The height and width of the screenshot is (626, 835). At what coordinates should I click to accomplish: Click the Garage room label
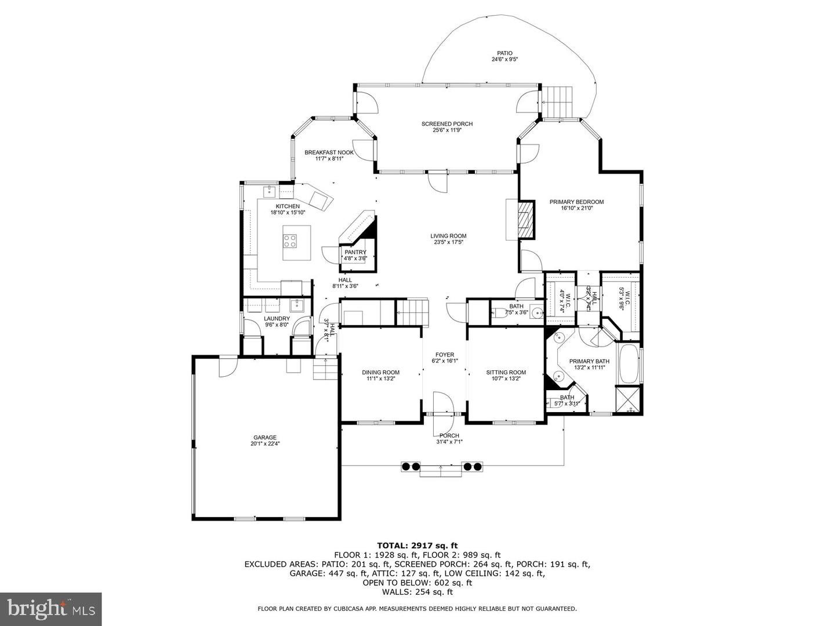pyautogui.click(x=264, y=438)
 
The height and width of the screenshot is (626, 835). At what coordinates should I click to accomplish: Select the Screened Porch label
pyautogui.click(x=446, y=124)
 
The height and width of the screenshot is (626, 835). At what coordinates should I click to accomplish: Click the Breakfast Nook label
pyautogui.click(x=329, y=152)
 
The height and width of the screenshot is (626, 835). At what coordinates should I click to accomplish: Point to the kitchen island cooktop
pyautogui.click(x=290, y=241)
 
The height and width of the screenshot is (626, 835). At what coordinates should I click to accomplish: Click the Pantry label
pyautogui.click(x=355, y=252)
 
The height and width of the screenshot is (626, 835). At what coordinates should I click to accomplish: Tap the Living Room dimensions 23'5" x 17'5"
pyautogui.click(x=448, y=242)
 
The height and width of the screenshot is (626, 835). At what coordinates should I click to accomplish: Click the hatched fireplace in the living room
pyautogui.click(x=525, y=220)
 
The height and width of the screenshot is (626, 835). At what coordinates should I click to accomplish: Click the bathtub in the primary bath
pyautogui.click(x=629, y=364)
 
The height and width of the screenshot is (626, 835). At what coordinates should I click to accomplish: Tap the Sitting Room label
pyautogui.click(x=506, y=372)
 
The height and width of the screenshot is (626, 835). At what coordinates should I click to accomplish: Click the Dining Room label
pyautogui.click(x=380, y=372)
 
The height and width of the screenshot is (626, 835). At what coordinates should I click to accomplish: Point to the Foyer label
pyautogui.click(x=445, y=355)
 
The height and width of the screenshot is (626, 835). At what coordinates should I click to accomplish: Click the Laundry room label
pyautogui.click(x=277, y=318)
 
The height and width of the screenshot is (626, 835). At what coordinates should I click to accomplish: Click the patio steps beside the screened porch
pyautogui.click(x=557, y=101)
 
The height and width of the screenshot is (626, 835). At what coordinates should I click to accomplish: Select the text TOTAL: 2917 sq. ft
pyautogui.click(x=418, y=545)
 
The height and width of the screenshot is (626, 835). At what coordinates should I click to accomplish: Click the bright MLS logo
pyautogui.click(x=50, y=609)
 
